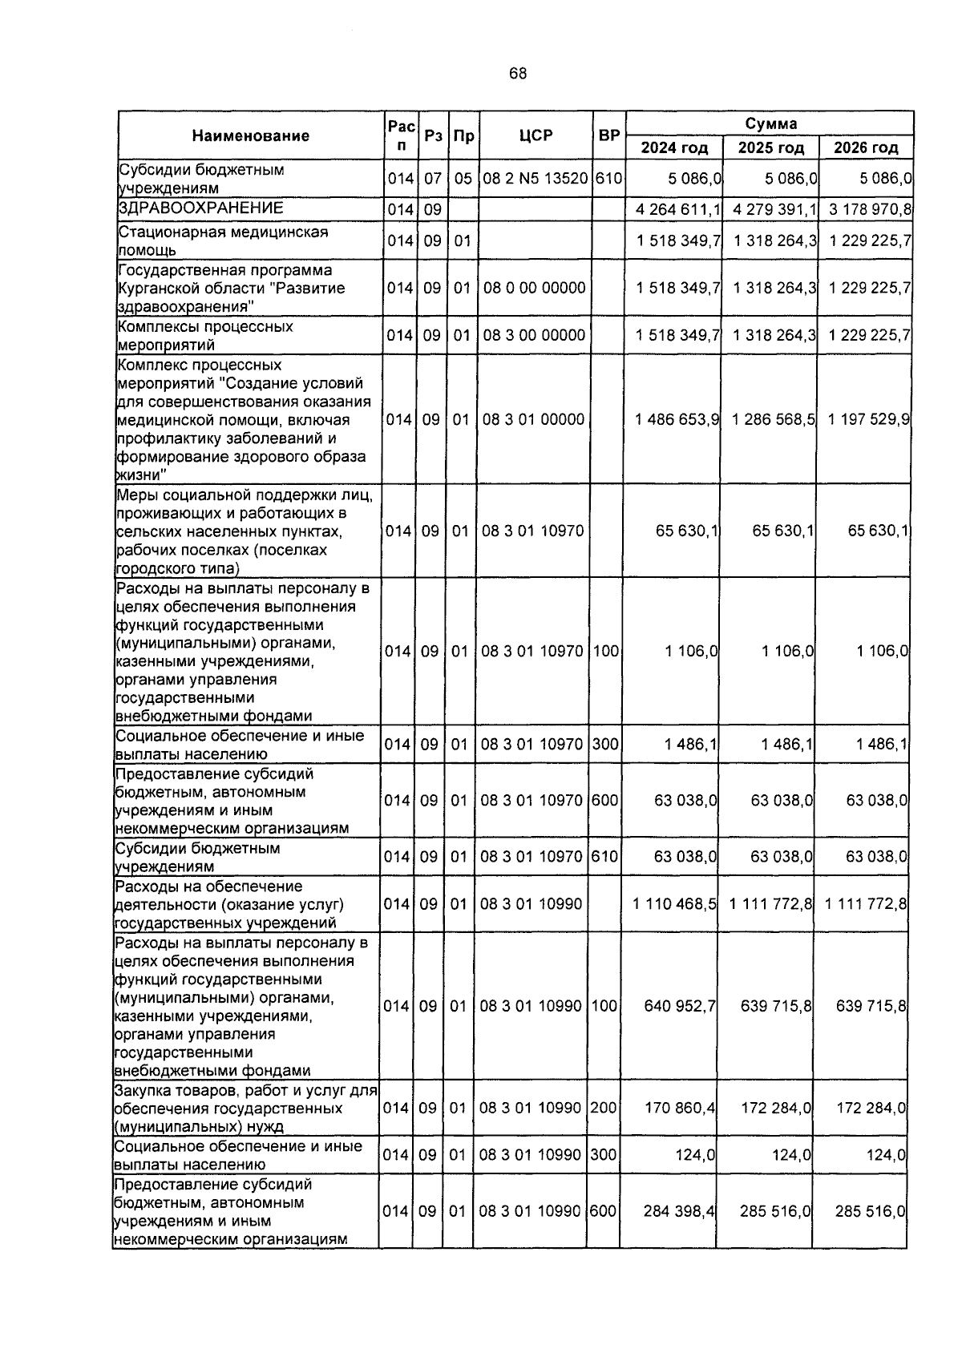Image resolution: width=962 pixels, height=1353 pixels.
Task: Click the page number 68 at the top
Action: (x=518, y=75)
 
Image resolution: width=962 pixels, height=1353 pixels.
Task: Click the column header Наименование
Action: (x=250, y=136)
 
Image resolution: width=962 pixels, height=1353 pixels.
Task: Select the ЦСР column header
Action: (x=536, y=136)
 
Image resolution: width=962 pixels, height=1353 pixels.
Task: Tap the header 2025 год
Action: (x=770, y=148)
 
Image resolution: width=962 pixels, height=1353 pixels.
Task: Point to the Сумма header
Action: (x=770, y=124)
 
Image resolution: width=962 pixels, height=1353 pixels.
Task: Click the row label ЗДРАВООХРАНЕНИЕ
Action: (x=201, y=208)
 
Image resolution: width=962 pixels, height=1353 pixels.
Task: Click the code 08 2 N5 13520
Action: (x=536, y=179)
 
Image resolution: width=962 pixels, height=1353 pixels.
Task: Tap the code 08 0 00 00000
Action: (x=535, y=288)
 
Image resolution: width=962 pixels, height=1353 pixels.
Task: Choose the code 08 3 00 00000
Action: (x=535, y=335)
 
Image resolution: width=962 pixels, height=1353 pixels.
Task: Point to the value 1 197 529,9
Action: (x=869, y=419)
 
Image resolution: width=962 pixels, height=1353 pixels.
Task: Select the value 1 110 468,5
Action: (x=674, y=904)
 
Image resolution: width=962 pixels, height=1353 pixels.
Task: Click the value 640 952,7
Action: (x=680, y=1006)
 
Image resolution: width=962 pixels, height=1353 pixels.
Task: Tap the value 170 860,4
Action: (x=680, y=1109)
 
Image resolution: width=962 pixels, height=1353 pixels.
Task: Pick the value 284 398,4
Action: (x=680, y=1211)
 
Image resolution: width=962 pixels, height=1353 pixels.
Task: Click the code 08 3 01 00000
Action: (x=534, y=419)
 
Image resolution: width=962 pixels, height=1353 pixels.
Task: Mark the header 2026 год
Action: (x=866, y=148)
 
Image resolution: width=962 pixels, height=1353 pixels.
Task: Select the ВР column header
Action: (x=609, y=136)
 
